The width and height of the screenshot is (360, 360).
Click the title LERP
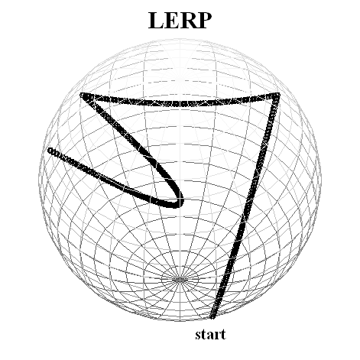(180, 21)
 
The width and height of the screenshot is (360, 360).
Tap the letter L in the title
(156, 21)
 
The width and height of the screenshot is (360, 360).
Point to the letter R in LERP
(187, 21)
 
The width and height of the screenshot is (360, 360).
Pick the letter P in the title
(204, 21)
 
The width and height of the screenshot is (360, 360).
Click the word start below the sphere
(210, 335)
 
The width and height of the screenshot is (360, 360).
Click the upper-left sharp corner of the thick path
(82, 96)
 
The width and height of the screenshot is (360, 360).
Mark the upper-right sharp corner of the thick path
(277, 96)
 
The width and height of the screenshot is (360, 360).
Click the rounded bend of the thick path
(180, 201)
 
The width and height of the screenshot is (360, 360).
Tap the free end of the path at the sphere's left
(50, 151)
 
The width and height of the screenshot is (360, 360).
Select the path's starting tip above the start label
(212, 316)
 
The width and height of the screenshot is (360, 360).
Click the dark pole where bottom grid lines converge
(180, 280)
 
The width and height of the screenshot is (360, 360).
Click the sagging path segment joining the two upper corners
(180, 104)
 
